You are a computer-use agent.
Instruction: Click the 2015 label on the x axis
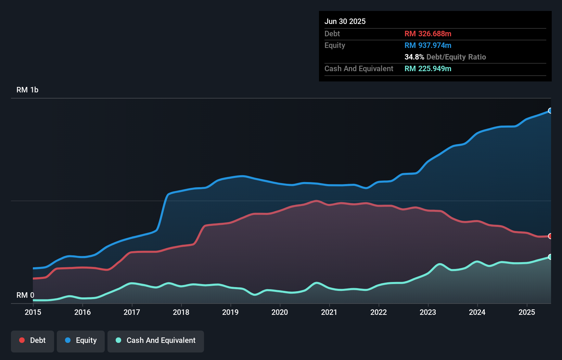pyautogui.click(x=33, y=312)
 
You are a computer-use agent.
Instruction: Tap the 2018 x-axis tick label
pyautogui.click(x=181, y=312)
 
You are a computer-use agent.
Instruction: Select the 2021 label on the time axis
pyautogui.click(x=329, y=312)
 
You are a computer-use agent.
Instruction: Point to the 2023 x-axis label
pyautogui.click(x=428, y=312)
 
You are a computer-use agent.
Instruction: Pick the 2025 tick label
pyautogui.click(x=526, y=312)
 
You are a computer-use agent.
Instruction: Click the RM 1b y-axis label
pyautogui.click(x=27, y=90)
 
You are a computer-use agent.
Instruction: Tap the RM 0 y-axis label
pyautogui.click(x=25, y=295)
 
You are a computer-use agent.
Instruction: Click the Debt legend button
pyautogui.click(x=33, y=340)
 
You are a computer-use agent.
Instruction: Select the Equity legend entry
pyautogui.click(x=81, y=340)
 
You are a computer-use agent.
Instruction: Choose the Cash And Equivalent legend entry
pyautogui.click(x=156, y=340)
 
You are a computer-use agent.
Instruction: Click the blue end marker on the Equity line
pyautogui.click(x=550, y=111)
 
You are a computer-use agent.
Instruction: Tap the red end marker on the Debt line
pyautogui.click(x=550, y=236)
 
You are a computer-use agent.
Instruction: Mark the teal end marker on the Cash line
pyautogui.click(x=550, y=257)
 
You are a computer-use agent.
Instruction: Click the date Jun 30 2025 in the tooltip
pyautogui.click(x=345, y=21)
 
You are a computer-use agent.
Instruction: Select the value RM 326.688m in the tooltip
pyautogui.click(x=428, y=34)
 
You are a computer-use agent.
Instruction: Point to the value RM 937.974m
pyautogui.click(x=428, y=45)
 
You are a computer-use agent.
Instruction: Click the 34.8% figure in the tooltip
pyautogui.click(x=414, y=57)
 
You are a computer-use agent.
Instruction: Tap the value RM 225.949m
pyautogui.click(x=428, y=68)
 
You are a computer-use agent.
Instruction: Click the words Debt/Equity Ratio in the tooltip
pyautogui.click(x=456, y=57)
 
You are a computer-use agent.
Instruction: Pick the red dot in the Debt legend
pyautogui.click(x=22, y=340)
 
